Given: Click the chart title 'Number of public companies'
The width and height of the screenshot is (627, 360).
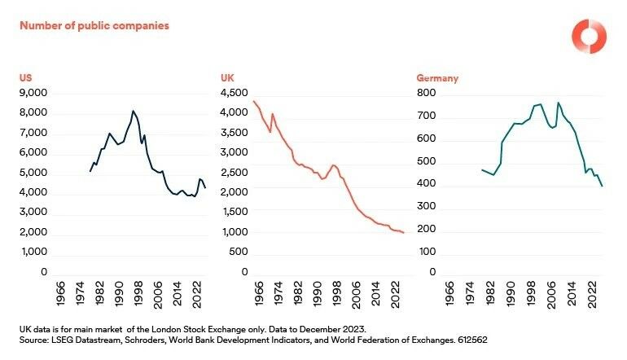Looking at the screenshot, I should pyautogui.click(x=94, y=25).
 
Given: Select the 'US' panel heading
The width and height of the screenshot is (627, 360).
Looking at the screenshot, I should pyautogui.click(x=24, y=78).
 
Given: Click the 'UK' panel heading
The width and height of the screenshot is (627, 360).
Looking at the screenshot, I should pyautogui.click(x=227, y=78).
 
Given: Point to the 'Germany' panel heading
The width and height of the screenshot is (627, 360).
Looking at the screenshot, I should pyautogui.click(x=437, y=78).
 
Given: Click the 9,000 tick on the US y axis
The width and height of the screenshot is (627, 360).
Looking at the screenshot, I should pyautogui.click(x=33, y=93).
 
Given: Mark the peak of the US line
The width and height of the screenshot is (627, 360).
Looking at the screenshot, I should pyautogui.click(x=133, y=110).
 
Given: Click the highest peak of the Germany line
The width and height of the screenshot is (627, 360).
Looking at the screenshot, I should pyautogui.click(x=558, y=103).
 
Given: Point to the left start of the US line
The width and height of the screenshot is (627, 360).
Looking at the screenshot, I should pyautogui.click(x=90, y=171).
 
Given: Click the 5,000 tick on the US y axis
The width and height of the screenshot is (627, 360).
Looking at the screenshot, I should pyautogui.click(x=33, y=173).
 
